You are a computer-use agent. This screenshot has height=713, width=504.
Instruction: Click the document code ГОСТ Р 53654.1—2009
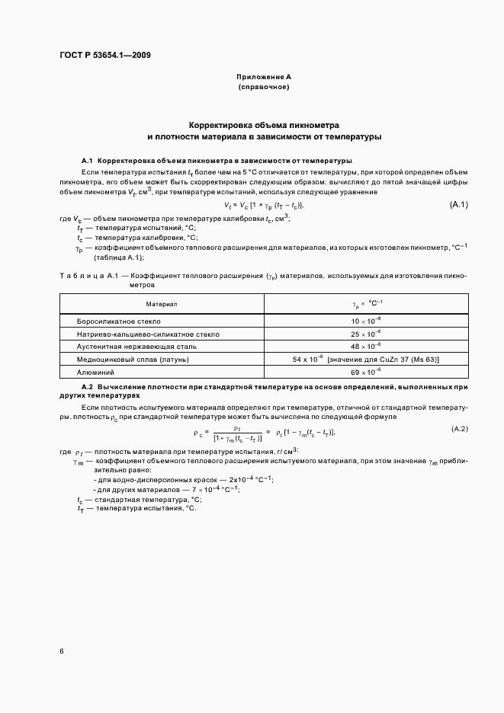coord(110,55)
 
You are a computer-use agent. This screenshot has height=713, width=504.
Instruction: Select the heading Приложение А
coord(264,78)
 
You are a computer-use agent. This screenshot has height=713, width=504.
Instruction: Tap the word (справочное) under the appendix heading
coord(264,88)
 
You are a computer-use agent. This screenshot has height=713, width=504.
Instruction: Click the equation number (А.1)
coord(458,205)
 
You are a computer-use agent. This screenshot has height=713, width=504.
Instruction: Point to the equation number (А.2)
coord(460,430)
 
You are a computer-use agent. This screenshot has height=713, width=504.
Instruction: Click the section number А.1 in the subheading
coord(87,161)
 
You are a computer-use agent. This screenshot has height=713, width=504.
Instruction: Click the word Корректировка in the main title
coord(222,124)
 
